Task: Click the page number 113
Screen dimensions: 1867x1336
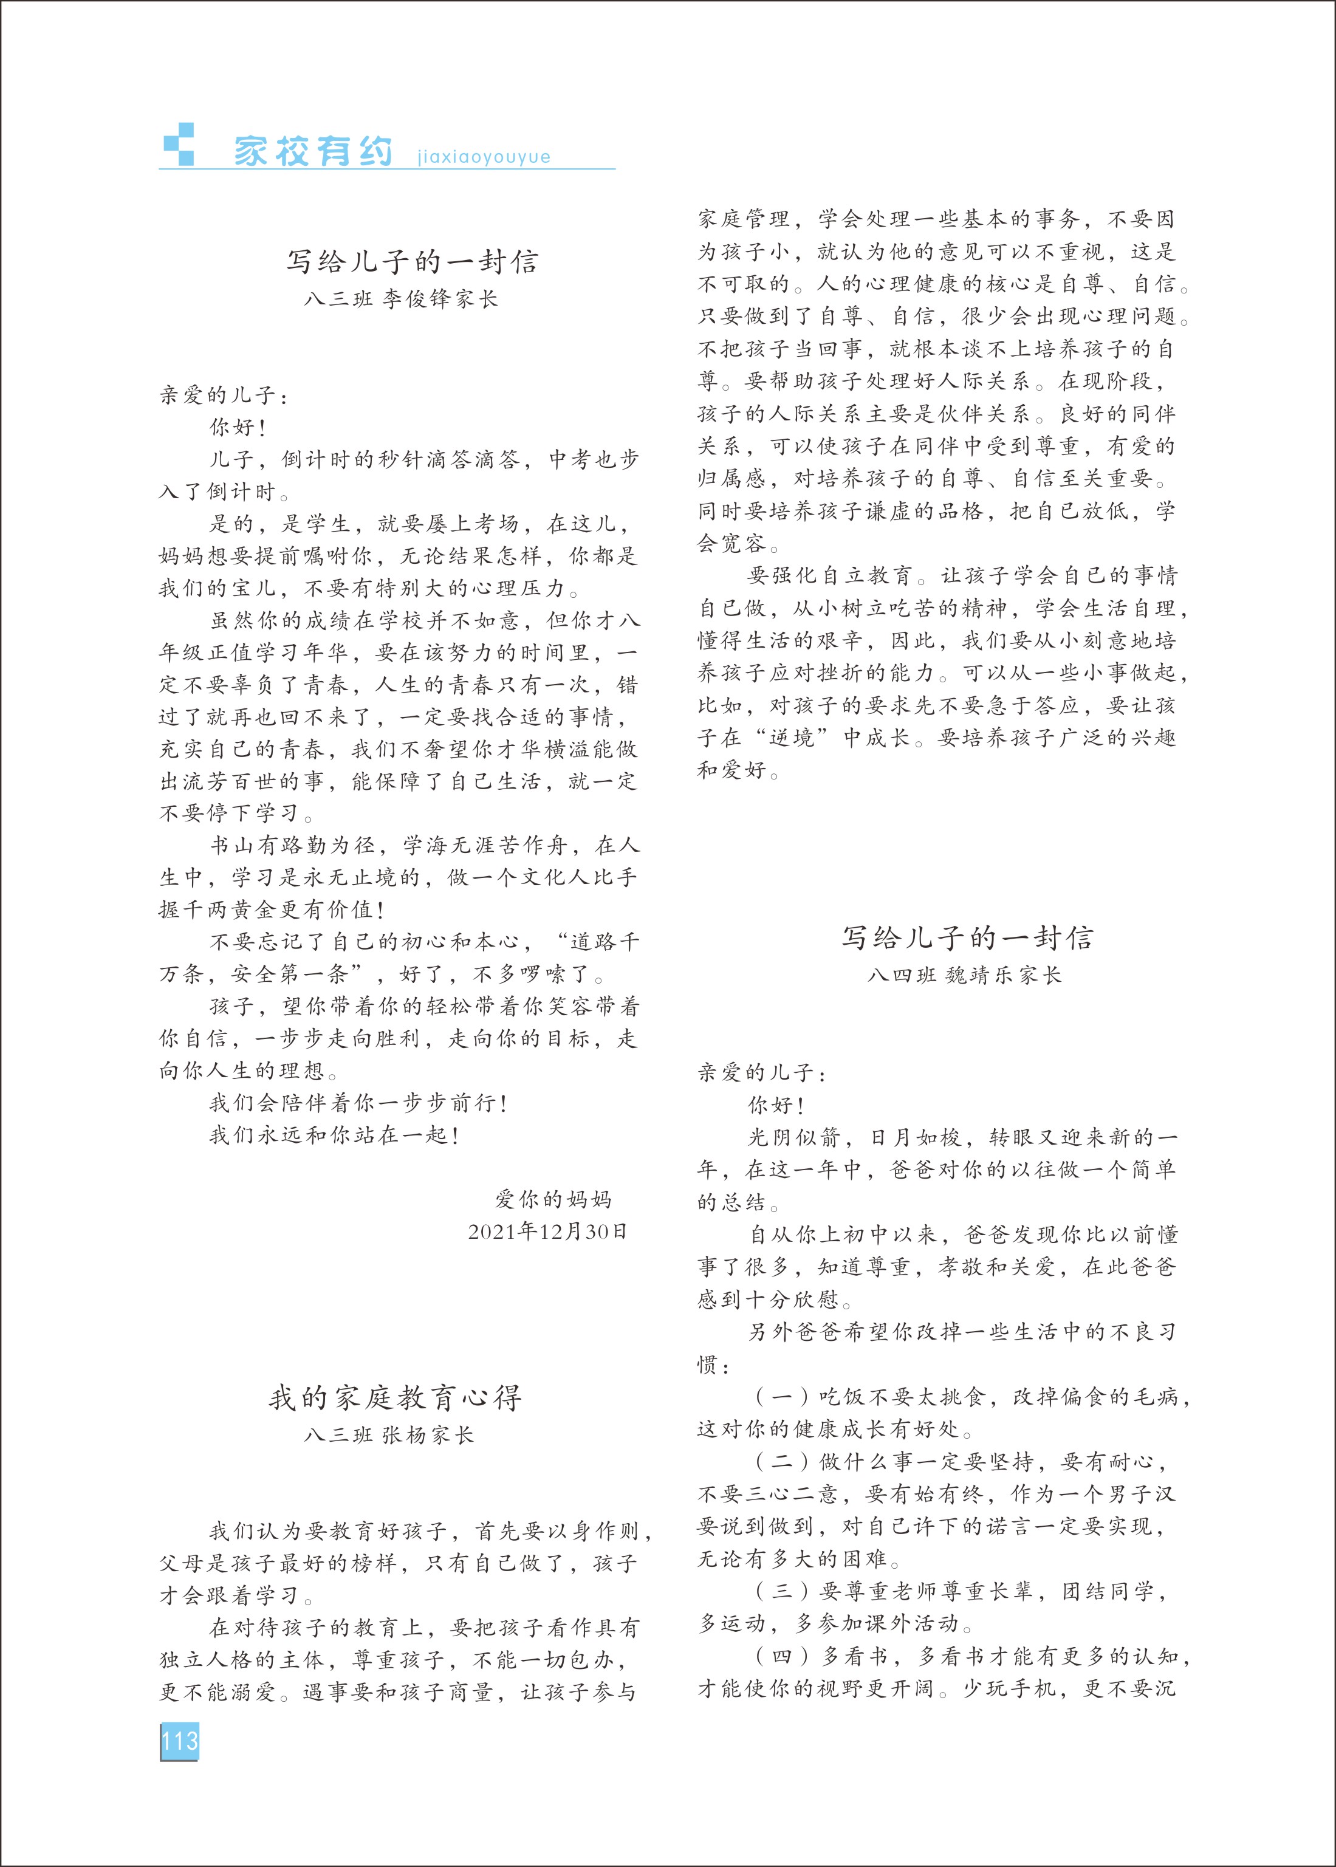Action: click(179, 1741)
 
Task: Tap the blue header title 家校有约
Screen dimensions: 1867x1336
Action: click(313, 151)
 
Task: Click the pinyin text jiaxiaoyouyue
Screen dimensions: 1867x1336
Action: click(484, 157)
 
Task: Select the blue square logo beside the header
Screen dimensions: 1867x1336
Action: click(179, 145)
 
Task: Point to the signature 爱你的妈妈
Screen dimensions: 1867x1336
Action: click(553, 1199)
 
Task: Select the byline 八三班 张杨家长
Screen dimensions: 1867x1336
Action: click(389, 1435)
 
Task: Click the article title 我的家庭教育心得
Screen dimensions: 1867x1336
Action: click(396, 1397)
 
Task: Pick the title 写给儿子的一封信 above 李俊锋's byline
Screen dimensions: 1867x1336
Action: click(412, 261)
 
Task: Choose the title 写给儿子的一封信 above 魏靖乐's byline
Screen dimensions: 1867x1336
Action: click(967, 937)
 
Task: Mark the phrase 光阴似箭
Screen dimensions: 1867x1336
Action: click(794, 1137)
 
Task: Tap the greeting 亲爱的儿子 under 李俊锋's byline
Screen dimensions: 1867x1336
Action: click(218, 395)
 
